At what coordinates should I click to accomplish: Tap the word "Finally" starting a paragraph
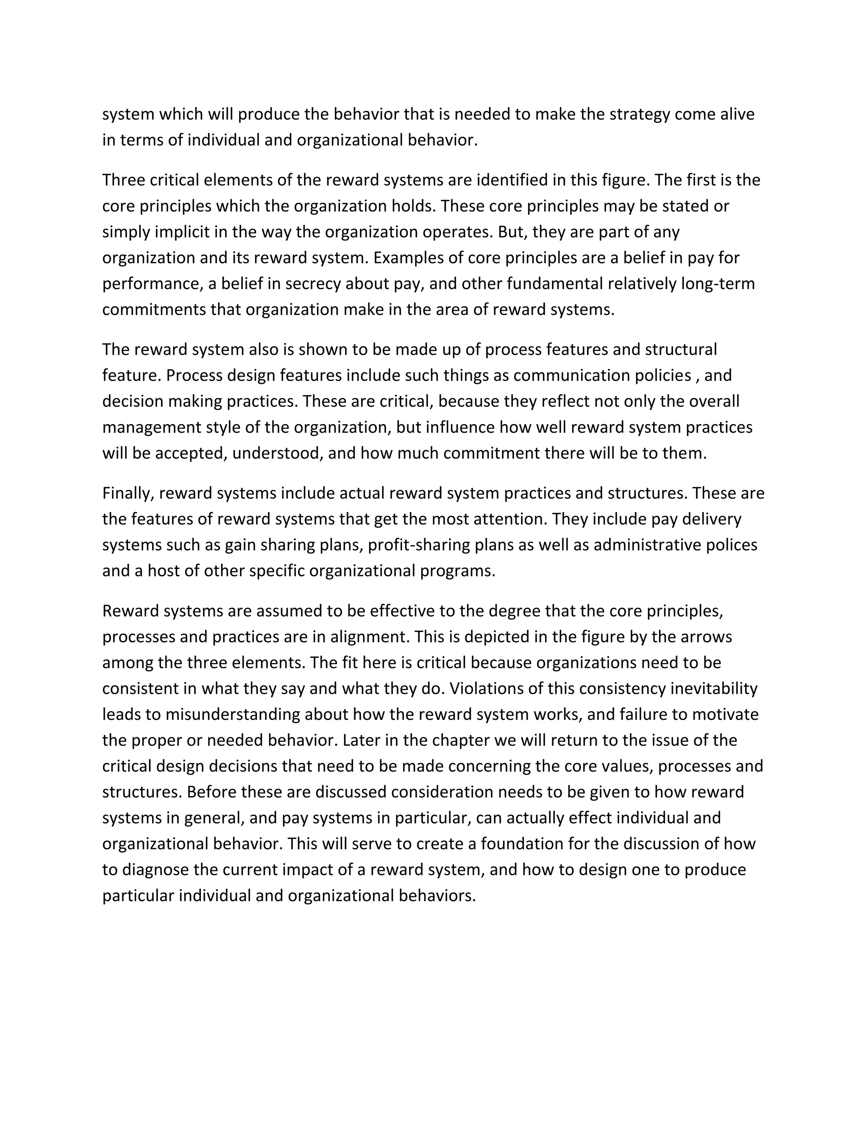128,493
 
